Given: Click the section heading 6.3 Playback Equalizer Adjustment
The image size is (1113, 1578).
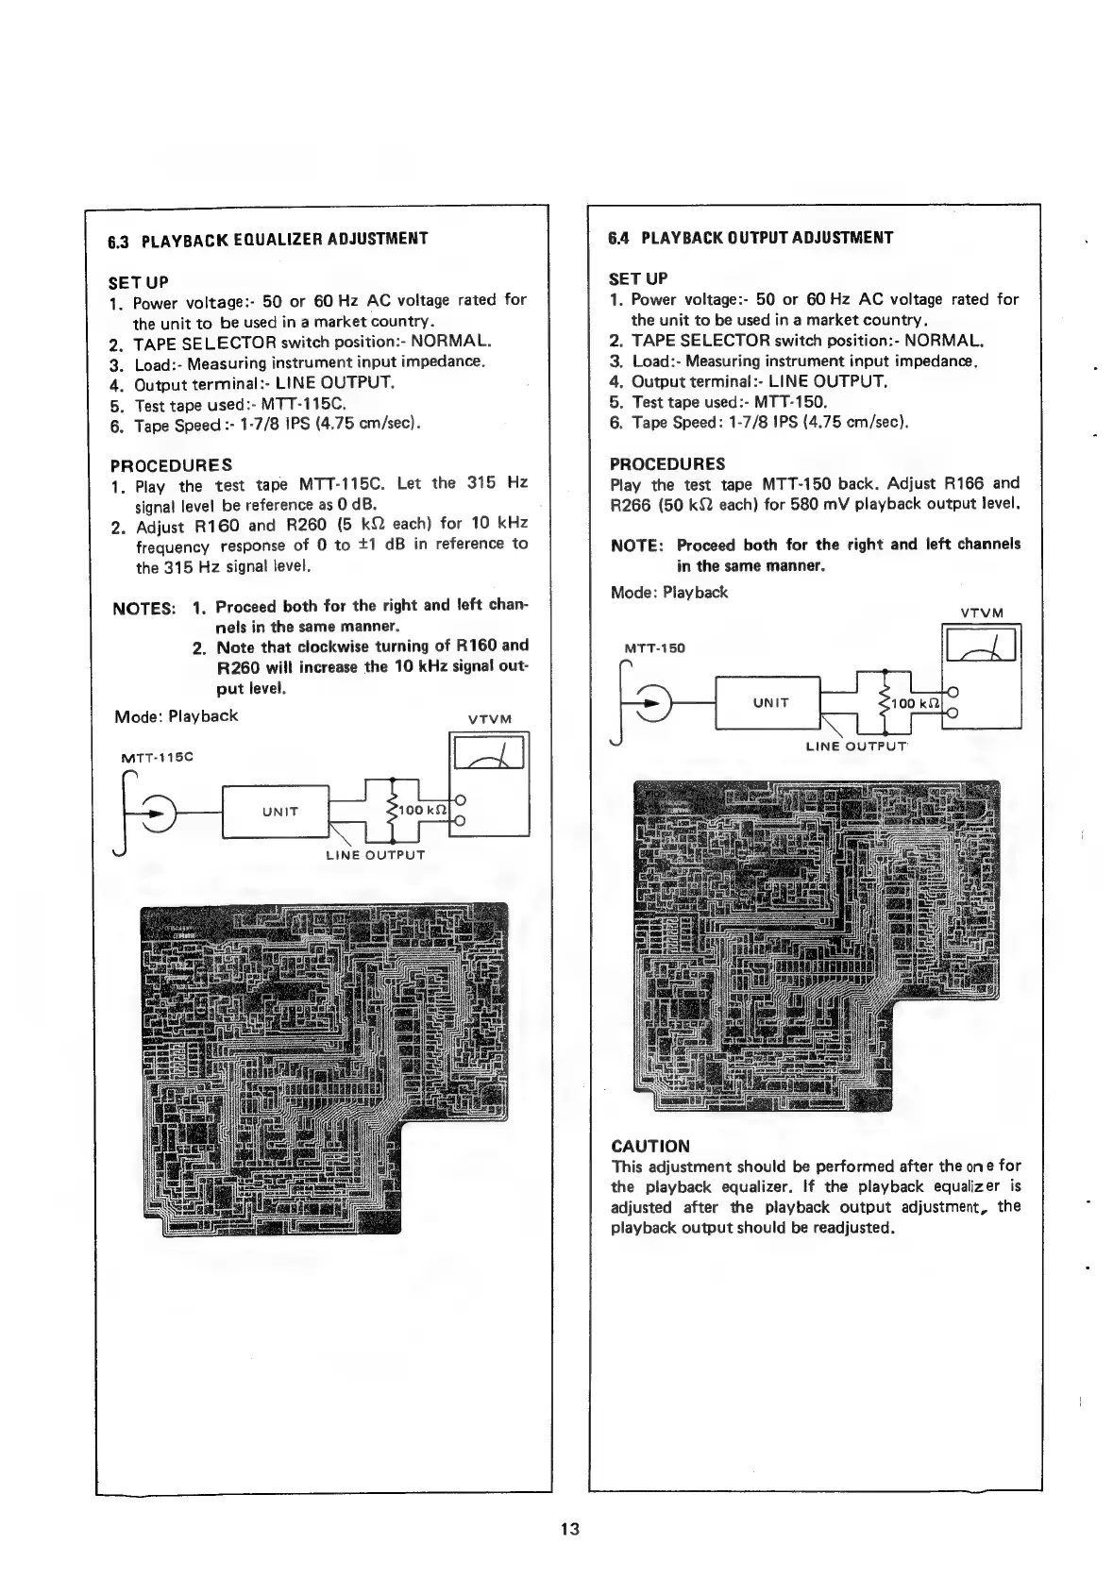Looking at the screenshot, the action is tap(268, 239).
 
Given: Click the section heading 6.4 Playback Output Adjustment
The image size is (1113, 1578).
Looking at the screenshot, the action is tap(750, 238).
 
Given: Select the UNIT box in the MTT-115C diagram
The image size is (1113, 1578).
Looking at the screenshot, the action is tap(279, 812).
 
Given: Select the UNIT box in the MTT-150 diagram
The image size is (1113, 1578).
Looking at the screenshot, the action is tap(769, 702).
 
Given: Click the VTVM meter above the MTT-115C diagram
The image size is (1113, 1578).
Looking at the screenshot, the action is tap(489, 754).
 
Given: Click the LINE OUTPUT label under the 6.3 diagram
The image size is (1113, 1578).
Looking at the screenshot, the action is tap(375, 855).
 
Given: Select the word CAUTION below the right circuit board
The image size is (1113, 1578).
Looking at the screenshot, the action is tap(650, 1147).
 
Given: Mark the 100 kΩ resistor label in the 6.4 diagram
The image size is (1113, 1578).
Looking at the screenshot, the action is tap(912, 703).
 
